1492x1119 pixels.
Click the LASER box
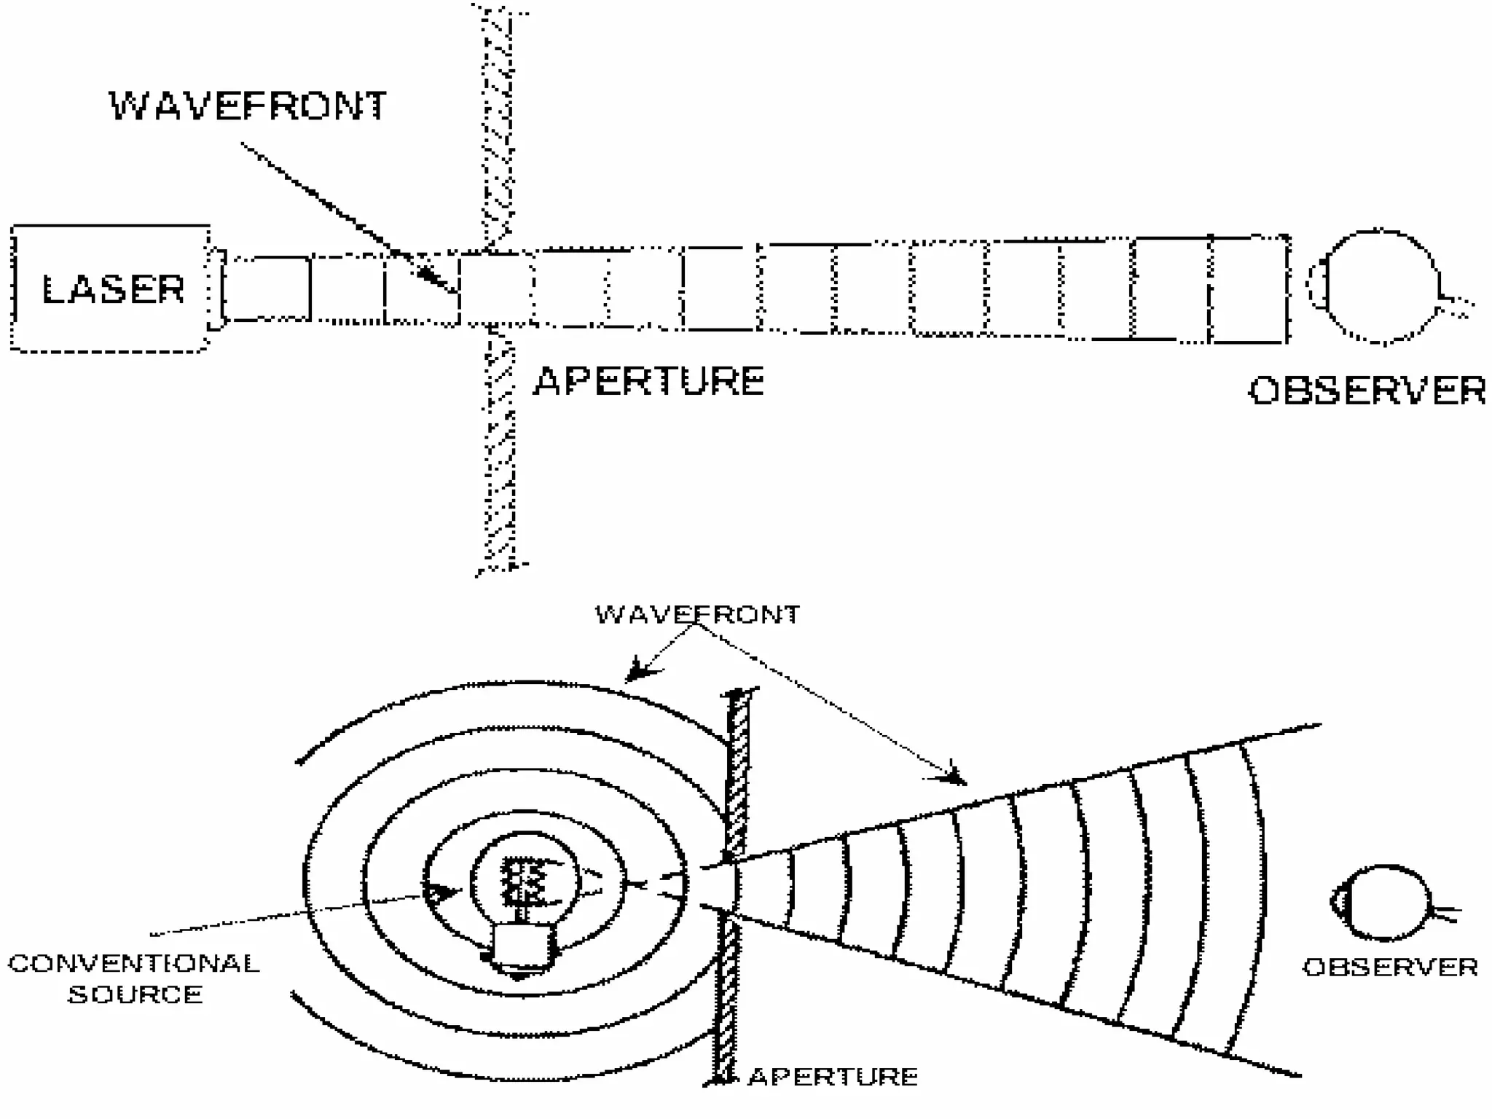[x=111, y=288]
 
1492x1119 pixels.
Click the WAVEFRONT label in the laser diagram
[x=248, y=106]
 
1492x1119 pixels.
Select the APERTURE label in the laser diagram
[x=648, y=381]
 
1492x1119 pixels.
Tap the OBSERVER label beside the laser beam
[x=1367, y=390]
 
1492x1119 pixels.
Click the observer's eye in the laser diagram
[x=1379, y=287]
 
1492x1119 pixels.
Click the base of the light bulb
[x=522, y=948]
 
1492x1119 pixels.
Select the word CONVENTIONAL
[x=134, y=964]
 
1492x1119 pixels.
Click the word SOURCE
[x=136, y=995]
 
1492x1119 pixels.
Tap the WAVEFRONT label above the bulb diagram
[x=697, y=614]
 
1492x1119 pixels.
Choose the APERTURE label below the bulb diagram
[x=833, y=1077]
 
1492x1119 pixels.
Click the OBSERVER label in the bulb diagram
[x=1390, y=967]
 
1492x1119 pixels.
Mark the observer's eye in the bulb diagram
[x=1381, y=903]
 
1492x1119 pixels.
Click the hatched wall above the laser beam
[x=498, y=124]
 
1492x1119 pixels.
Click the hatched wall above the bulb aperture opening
[x=737, y=772]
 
